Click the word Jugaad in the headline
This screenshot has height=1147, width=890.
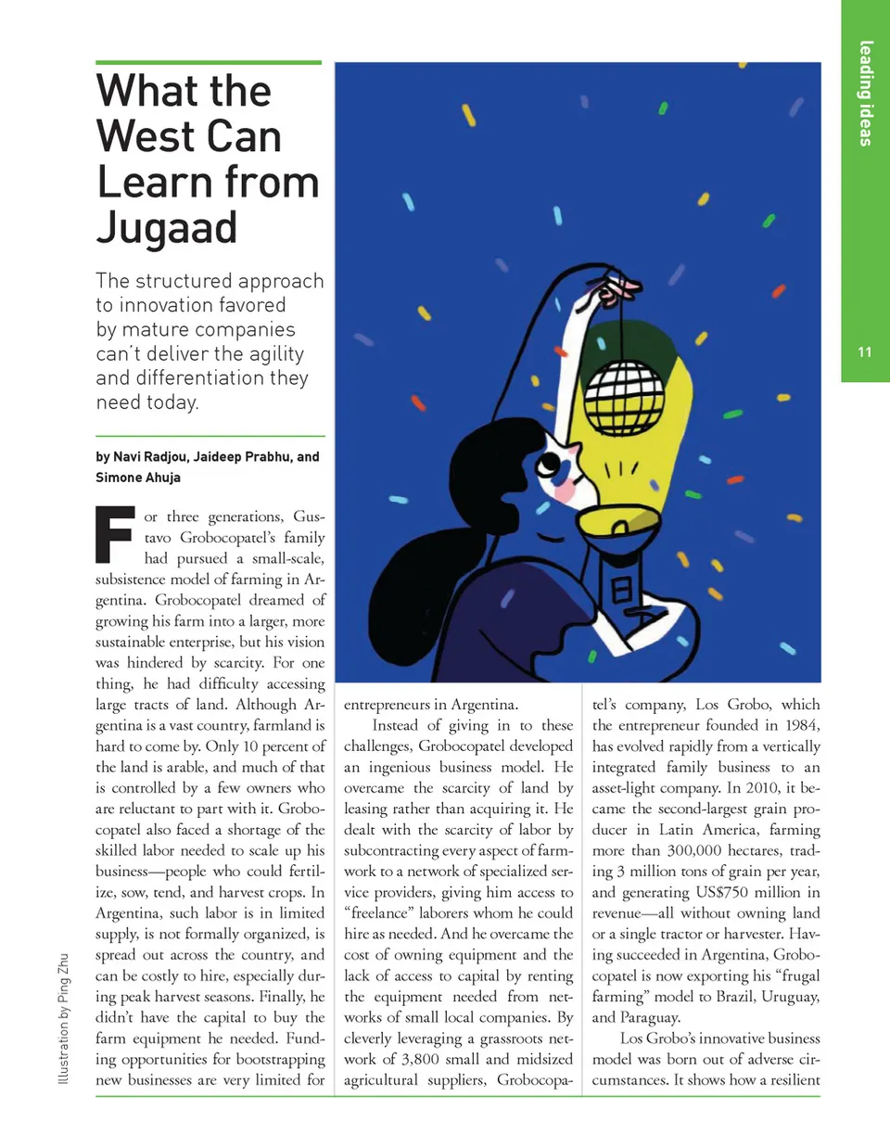167,228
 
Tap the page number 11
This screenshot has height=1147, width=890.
864,352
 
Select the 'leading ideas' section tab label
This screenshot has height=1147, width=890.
866,93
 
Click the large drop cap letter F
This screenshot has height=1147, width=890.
115,535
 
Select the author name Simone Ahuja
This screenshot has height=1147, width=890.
138,478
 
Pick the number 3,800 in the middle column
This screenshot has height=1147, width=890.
420,1059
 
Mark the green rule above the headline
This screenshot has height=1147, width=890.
209,63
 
